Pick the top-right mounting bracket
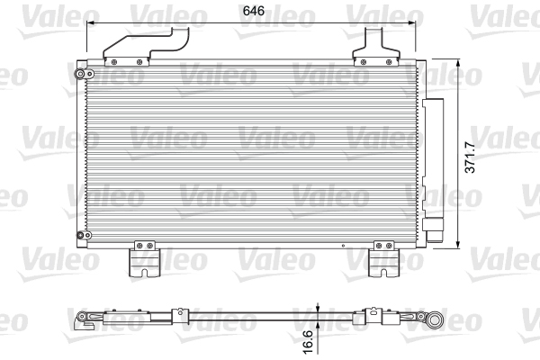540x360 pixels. pyautogui.click(x=376, y=47)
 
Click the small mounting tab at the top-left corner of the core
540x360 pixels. pyautogui.click(x=79, y=69)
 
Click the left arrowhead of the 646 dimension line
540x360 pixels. pyautogui.click(x=90, y=22)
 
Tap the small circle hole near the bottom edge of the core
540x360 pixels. pyautogui.click(x=344, y=245)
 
